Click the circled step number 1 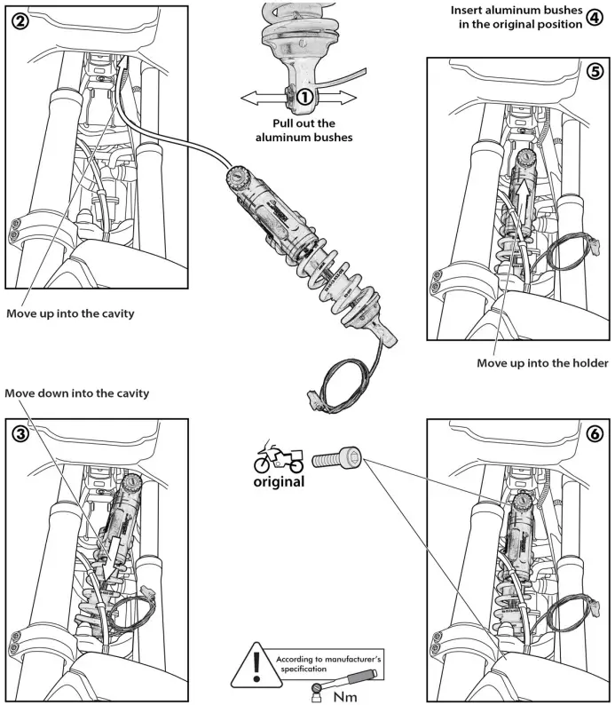(x=304, y=95)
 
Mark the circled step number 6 (x=595, y=435)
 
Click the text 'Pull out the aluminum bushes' (x=304, y=131)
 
